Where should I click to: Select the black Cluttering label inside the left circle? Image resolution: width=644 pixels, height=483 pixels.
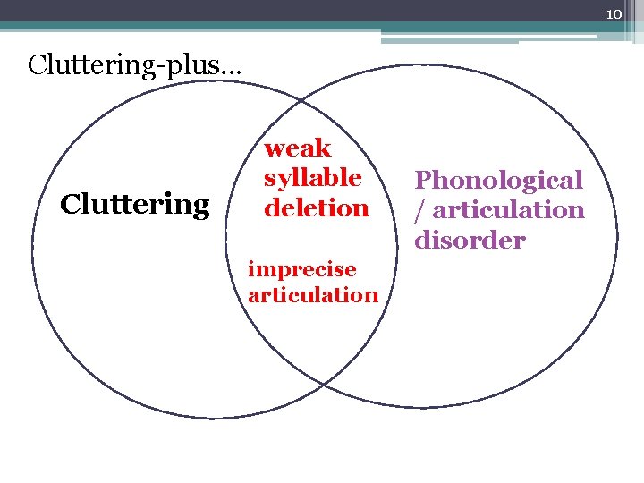click(134, 205)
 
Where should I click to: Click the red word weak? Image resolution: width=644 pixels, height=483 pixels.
click(298, 148)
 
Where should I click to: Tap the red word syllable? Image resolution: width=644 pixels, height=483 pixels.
click(312, 178)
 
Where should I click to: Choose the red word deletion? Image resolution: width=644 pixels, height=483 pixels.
click(317, 208)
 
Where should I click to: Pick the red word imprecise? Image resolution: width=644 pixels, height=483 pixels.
click(301, 269)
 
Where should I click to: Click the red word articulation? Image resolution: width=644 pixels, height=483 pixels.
click(313, 294)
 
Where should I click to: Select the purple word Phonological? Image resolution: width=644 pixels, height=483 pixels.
click(498, 180)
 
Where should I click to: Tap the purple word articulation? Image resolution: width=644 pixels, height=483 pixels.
click(506, 210)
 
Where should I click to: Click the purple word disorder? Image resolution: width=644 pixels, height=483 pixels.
click(470, 240)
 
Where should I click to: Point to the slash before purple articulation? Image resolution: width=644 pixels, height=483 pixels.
click(417, 210)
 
